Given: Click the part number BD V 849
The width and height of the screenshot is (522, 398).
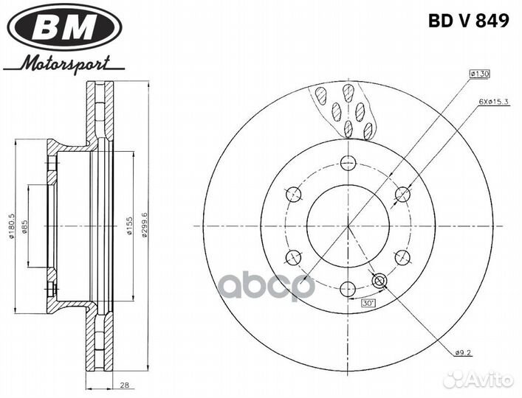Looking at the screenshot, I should click(x=468, y=21).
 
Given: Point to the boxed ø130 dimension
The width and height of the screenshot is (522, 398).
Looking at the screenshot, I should click(x=481, y=74).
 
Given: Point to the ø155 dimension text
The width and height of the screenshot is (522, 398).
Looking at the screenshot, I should click(x=129, y=226).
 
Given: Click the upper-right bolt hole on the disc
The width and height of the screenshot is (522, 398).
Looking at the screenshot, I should click(x=402, y=194).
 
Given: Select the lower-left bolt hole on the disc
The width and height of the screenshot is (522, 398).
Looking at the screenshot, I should click(x=294, y=257).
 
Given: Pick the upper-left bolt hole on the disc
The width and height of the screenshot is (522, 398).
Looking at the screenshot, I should click(x=294, y=194).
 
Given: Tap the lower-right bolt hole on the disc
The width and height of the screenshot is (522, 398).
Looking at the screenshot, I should click(x=402, y=257).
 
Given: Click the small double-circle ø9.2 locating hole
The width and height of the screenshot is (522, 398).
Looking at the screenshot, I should click(x=381, y=281).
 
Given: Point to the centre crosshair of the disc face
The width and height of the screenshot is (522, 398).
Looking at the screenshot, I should click(x=348, y=226).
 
